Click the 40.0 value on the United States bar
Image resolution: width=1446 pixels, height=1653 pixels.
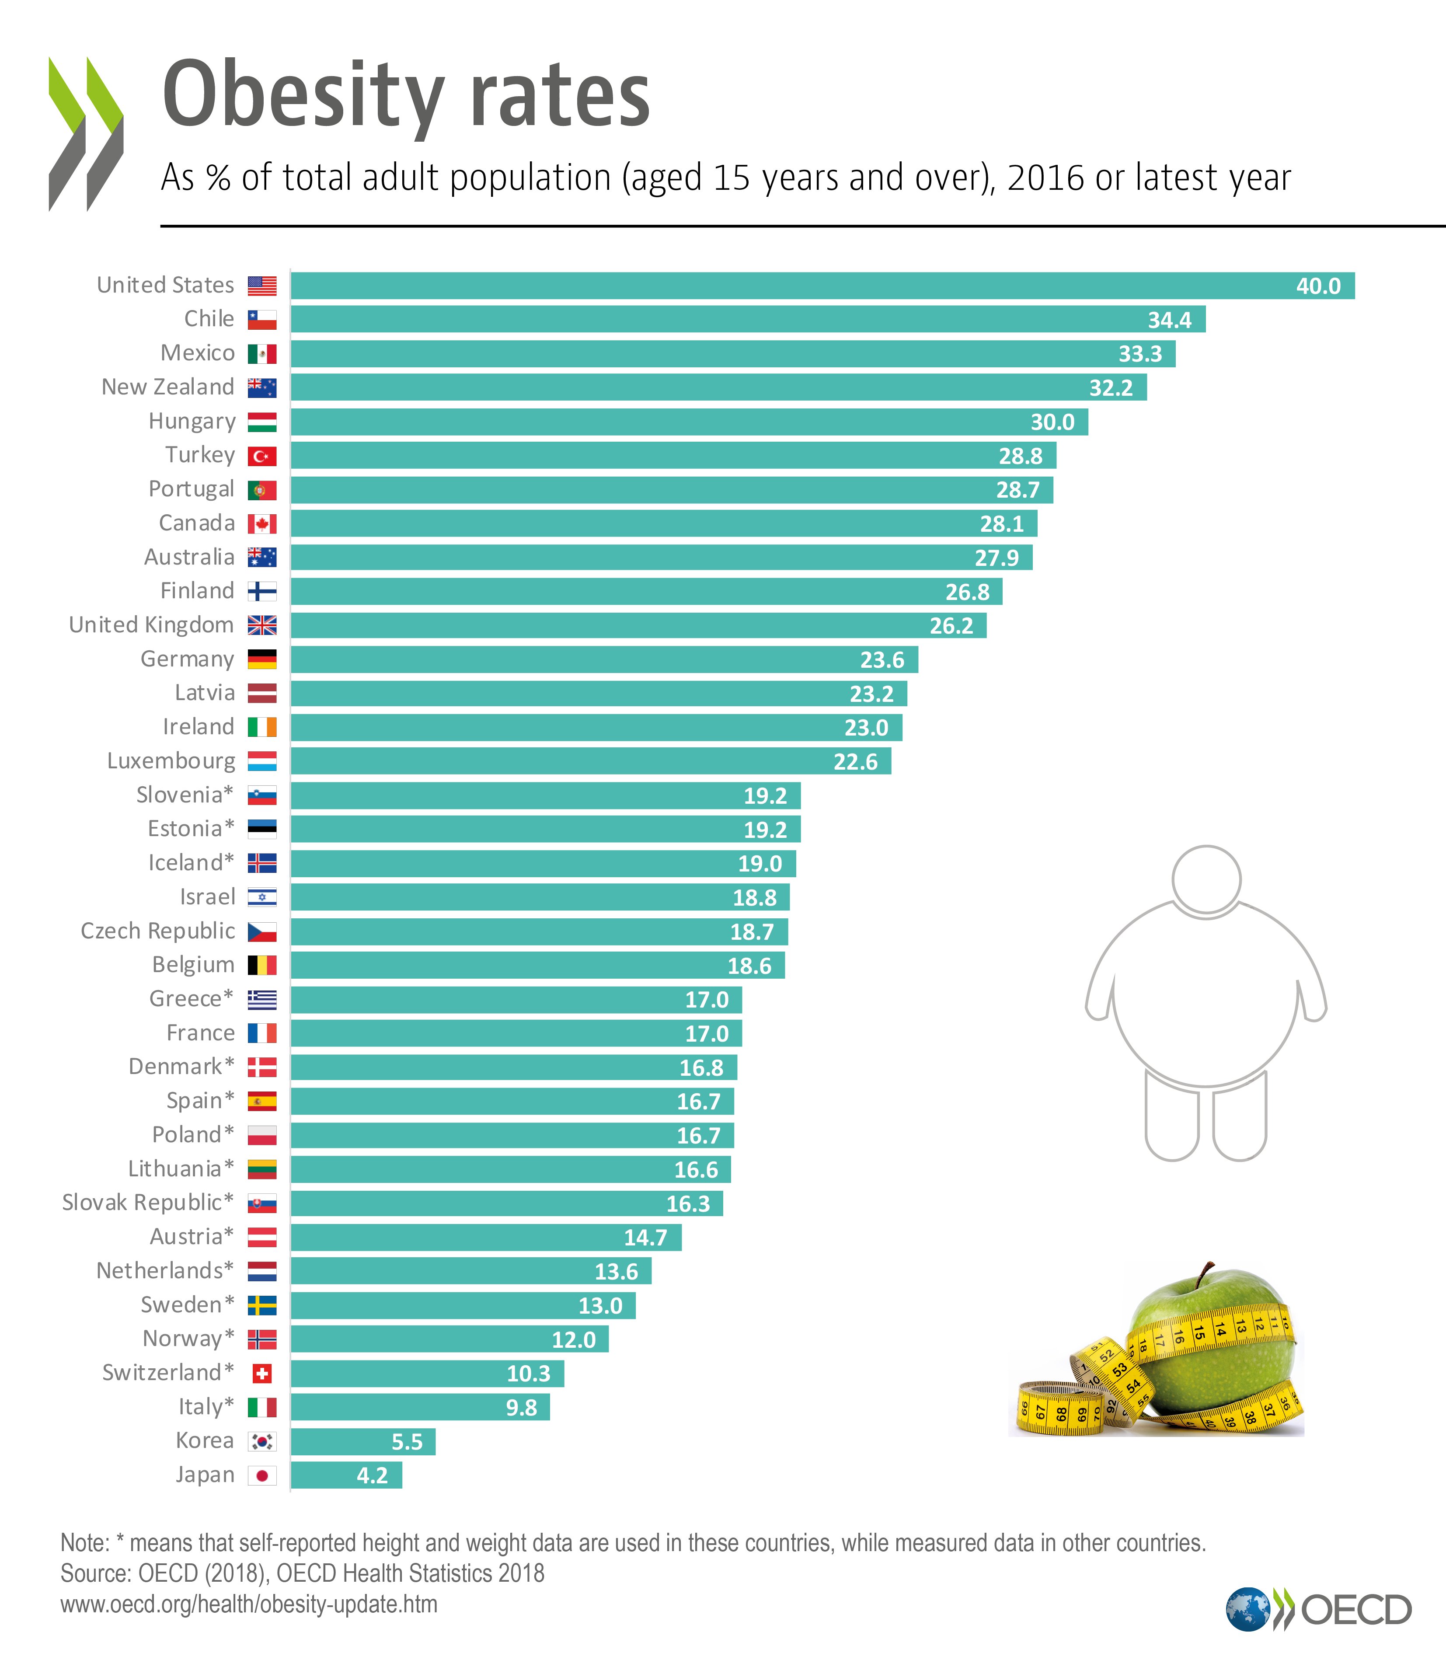(x=1318, y=286)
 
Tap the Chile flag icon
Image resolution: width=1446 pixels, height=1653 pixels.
(x=261, y=320)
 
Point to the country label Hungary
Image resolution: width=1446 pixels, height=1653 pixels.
(x=192, y=421)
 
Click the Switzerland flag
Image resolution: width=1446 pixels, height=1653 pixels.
(x=261, y=1373)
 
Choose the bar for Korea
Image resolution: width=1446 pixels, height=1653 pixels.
(x=362, y=1441)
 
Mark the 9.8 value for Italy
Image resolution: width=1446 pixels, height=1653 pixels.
(x=521, y=1408)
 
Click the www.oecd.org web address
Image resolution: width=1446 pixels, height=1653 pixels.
(x=248, y=1604)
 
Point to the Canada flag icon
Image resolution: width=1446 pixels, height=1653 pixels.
(x=261, y=524)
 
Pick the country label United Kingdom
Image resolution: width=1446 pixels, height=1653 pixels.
(x=152, y=625)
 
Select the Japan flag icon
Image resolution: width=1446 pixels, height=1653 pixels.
(x=261, y=1475)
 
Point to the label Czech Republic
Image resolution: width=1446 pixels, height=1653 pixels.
(x=158, y=931)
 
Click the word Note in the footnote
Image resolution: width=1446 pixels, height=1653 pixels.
(x=84, y=1542)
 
